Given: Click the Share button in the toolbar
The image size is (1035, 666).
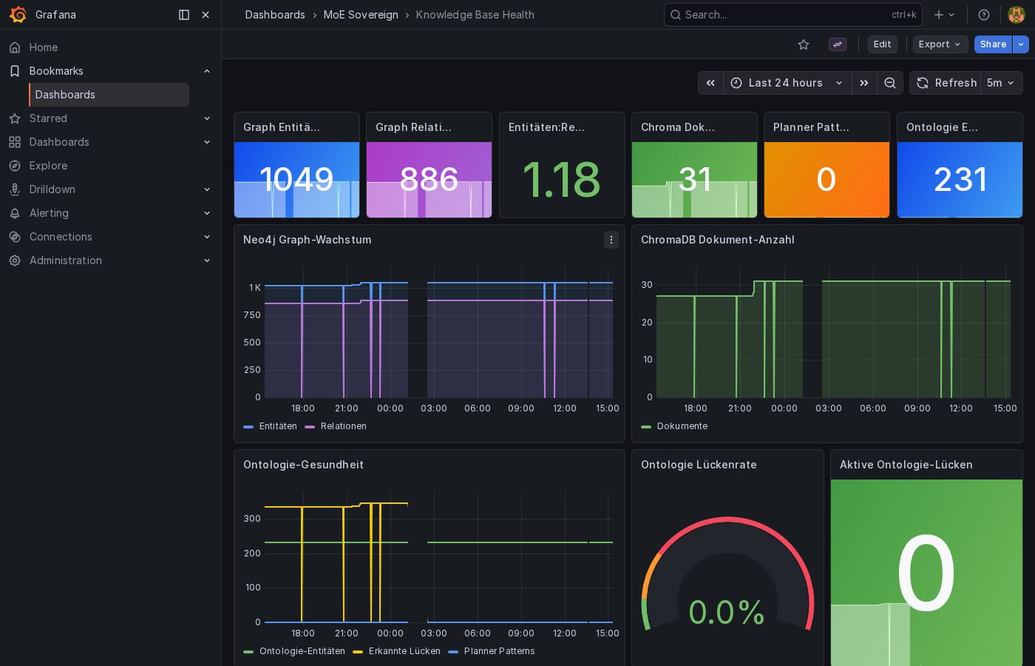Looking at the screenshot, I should pos(993,44).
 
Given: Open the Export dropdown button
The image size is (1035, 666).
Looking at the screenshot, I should pos(940,44).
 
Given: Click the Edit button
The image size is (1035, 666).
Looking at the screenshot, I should pos(882,44).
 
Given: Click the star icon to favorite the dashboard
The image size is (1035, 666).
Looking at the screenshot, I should pos(804,44).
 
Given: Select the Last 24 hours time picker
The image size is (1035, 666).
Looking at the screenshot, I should pos(786,83).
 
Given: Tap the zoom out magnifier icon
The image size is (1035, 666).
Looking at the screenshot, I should pos(890,83).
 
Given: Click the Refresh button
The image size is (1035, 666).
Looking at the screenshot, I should pos(946,83).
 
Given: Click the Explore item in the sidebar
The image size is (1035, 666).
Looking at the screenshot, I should pos(48,166).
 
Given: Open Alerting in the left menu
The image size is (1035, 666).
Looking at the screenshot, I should pos(49,213).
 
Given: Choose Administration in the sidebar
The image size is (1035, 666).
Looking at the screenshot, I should pos(65,260).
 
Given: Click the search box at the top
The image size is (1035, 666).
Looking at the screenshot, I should pos(784,15).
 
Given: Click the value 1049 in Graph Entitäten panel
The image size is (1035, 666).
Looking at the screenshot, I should pos(296,180).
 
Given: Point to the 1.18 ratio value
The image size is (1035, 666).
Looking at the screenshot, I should pos(561,180).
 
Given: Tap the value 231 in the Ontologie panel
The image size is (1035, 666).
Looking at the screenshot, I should pos(960,180).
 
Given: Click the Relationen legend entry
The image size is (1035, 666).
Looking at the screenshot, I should pos(343,426).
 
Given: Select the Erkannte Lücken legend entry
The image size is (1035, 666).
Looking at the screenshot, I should pos(404,651).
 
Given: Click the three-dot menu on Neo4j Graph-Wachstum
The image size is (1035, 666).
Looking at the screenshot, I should pos(611,240).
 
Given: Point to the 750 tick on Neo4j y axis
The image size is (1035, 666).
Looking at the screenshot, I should pos(252,315).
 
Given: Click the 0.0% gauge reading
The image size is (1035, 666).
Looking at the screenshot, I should pos(726,613).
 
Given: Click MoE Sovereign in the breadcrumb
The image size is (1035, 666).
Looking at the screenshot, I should pos(361,15).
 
